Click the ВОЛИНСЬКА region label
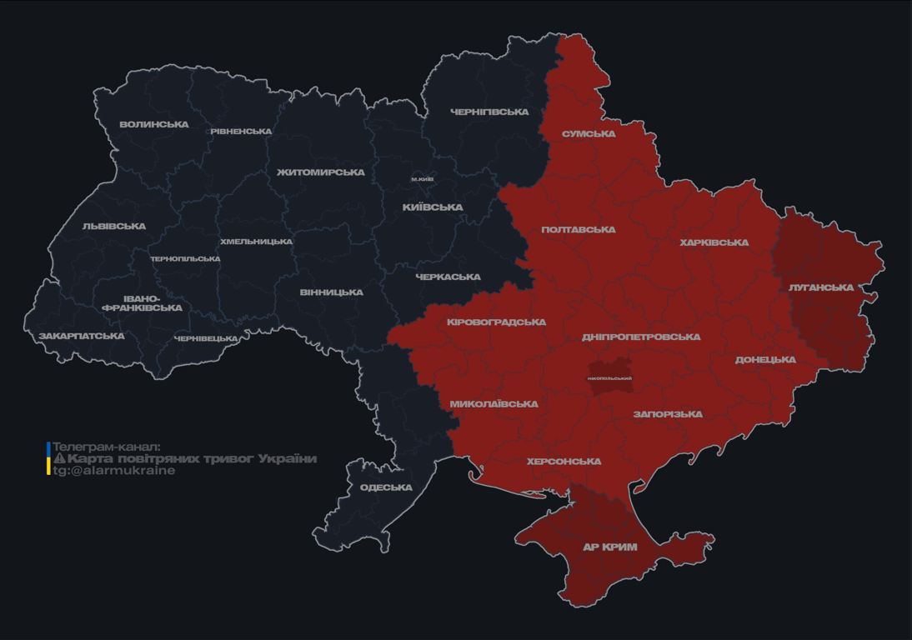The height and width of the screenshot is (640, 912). coord(153,125)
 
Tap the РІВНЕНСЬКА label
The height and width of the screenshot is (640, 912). coord(241,132)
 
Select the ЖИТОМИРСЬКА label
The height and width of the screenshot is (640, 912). coord(320,172)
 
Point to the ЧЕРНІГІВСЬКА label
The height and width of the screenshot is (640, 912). coord(489,112)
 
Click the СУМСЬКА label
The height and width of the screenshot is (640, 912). coord(589,134)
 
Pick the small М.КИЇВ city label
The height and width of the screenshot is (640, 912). coord(422,179)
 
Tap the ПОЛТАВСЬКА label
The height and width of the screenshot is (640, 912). coord(578,230)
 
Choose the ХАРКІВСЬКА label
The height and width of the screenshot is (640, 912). coord(714,243)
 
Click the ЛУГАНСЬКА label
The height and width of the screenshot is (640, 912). coord(821,287)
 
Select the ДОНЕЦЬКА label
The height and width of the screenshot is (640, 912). coord(765,360)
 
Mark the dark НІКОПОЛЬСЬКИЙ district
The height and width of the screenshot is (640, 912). coord(609,377)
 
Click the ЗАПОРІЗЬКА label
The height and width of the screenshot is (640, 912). coord(667,414)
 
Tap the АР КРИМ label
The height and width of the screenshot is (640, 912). coord(609,547)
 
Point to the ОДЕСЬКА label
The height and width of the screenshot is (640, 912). coord(386,487)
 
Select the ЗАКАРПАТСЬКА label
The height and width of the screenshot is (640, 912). coord(81,337)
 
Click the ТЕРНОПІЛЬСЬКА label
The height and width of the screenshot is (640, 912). coord(185,259)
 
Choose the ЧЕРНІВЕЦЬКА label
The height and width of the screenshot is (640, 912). coord(206,339)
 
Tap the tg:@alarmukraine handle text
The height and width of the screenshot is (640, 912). coord(114,471)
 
